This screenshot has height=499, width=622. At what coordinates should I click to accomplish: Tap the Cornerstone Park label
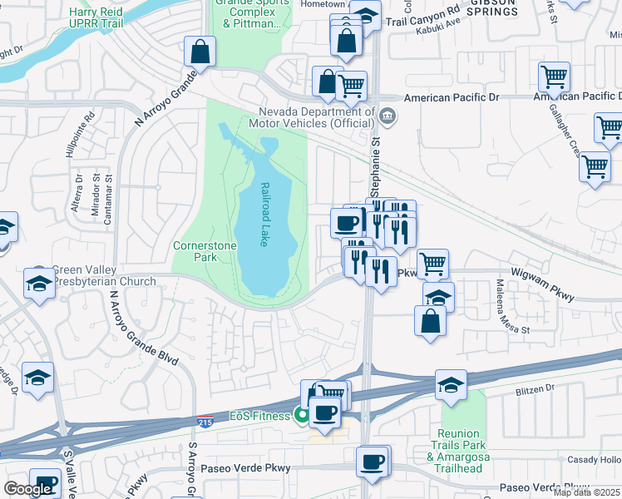(x=205, y=252)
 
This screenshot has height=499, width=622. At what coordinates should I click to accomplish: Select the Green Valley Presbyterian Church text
(x=104, y=275)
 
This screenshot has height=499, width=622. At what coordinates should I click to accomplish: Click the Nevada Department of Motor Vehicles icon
(x=388, y=115)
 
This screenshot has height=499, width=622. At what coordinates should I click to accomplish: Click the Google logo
(x=27, y=489)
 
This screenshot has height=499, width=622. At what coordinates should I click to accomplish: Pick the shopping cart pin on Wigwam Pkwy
(x=432, y=264)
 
